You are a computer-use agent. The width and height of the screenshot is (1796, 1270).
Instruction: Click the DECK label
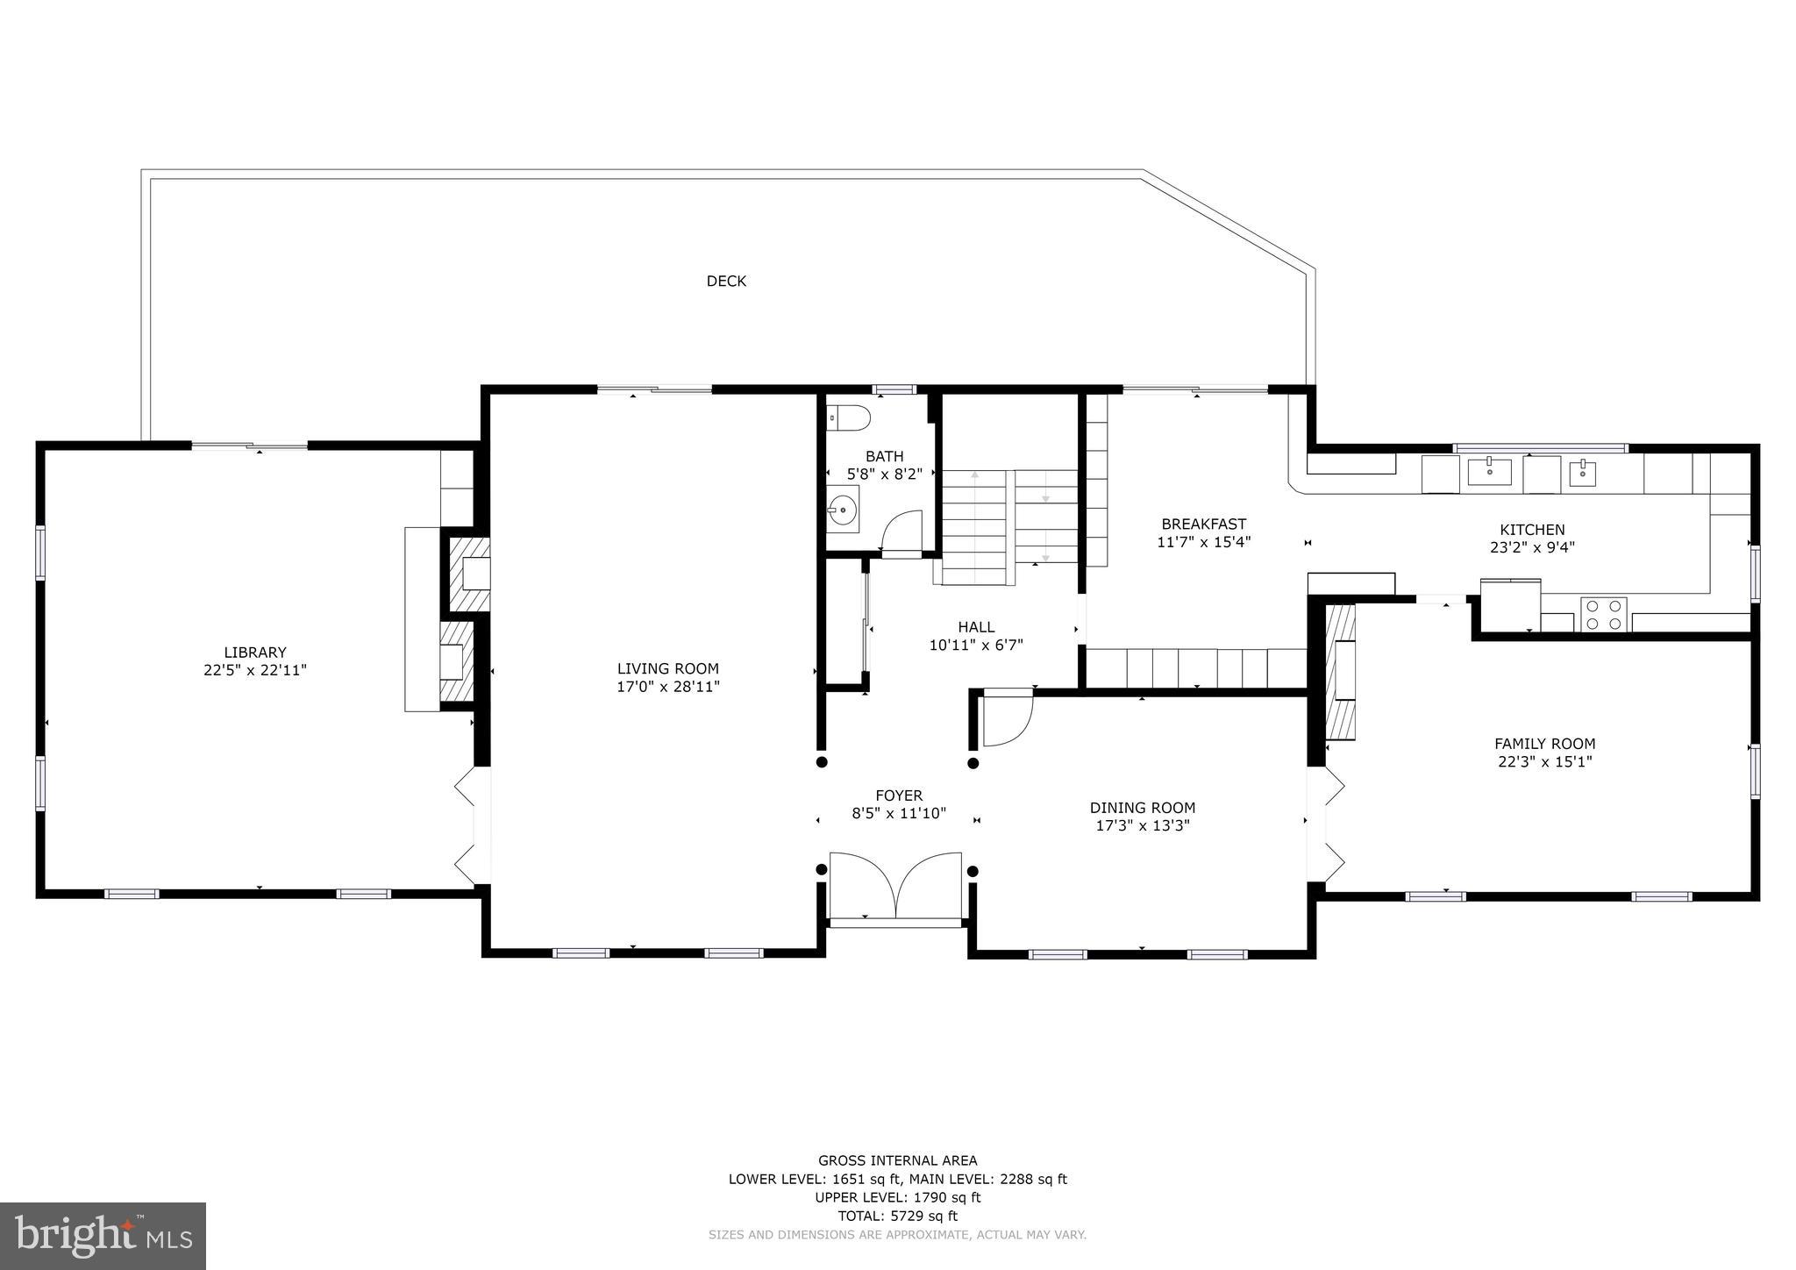726,281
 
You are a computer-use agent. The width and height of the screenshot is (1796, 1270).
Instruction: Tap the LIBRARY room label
255,653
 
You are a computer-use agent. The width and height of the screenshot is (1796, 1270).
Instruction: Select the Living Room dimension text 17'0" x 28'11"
667,687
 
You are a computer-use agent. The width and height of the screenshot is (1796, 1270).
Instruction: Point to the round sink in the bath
844,508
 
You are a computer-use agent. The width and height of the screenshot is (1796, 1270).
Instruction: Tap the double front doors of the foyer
895,886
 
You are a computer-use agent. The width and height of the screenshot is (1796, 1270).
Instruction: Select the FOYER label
899,796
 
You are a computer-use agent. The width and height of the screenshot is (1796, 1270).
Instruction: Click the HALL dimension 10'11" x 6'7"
976,645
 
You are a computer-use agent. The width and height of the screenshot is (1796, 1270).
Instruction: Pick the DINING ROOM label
1142,808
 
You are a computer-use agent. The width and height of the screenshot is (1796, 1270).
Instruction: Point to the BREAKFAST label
1203,524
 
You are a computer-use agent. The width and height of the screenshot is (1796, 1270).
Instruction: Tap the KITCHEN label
1531,530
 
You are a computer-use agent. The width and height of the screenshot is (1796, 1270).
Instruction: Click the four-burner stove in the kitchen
1603,614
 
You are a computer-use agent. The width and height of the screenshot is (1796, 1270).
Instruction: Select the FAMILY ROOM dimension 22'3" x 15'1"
1544,761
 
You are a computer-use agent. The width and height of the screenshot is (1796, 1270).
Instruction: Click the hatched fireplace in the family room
1340,671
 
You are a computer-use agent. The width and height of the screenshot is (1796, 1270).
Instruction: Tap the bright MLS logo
103,1236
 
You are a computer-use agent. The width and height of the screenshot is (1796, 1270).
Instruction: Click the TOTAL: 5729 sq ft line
897,1216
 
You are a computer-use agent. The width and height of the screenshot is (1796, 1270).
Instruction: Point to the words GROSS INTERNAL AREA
897,1160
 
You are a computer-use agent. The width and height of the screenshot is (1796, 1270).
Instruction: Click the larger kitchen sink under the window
1489,471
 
